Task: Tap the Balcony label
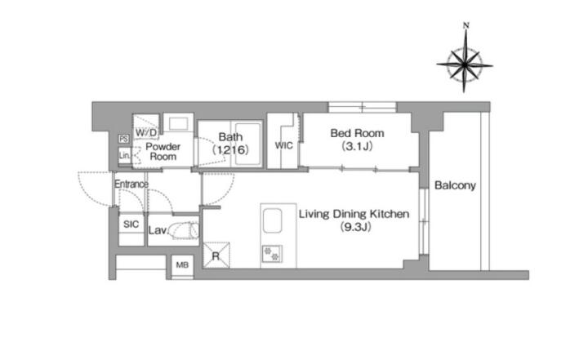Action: (455, 185)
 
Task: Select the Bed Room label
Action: (357, 133)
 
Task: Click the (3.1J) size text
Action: (357, 146)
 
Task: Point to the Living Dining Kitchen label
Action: (354, 214)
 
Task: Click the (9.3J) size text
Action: (355, 227)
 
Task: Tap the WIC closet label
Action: (284, 145)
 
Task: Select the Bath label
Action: (230, 137)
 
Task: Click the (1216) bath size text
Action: (230, 150)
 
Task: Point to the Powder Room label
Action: (163, 152)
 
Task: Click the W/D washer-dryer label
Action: (146, 132)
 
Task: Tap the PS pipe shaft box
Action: (124, 139)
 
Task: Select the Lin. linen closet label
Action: (124, 155)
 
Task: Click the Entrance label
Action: (131, 184)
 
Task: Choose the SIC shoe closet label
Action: (131, 224)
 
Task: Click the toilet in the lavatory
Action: (184, 230)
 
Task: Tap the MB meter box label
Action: (182, 265)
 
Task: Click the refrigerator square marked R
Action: (216, 256)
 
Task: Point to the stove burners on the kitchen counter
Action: (272, 254)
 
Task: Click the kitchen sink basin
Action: (272, 221)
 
